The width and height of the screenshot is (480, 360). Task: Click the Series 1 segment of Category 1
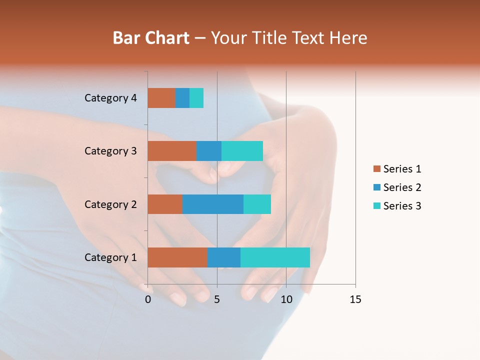pyautogui.click(x=177, y=257)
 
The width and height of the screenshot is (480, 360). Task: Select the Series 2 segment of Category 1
pyautogui.click(x=224, y=257)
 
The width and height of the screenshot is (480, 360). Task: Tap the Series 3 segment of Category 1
pyautogui.click(x=275, y=257)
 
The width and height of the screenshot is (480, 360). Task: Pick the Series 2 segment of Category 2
pyautogui.click(x=213, y=204)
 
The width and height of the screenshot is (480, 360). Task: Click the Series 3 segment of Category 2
pyautogui.click(x=257, y=204)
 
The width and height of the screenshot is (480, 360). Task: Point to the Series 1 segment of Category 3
pyautogui.click(x=172, y=151)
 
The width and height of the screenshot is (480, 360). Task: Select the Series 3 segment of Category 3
pyautogui.click(x=242, y=151)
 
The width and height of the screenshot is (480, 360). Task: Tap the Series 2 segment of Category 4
pyautogui.click(x=182, y=98)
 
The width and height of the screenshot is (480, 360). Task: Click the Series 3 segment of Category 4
pyautogui.click(x=196, y=98)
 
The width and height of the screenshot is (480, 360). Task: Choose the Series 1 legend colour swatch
pyautogui.click(x=376, y=169)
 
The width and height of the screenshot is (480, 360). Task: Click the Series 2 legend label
pyautogui.click(x=402, y=187)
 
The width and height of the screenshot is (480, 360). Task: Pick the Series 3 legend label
pyautogui.click(x=402, y=206)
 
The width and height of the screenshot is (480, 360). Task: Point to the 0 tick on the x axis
pyautogui.click(x=148, y=299)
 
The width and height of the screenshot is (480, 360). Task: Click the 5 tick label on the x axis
pyautogui.click(x=217, y=299)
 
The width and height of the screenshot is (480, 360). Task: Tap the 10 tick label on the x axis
pyautogui.click(x=286, y=299)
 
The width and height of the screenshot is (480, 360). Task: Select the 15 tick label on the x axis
pyautogui.click(x=355, y=299)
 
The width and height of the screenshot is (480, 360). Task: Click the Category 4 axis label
pyautogui.click(x=110, y=98)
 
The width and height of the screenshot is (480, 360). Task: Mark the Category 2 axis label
pyautogui.click(x=110, y=204)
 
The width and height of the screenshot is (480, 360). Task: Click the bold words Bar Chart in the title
pyautogui.click(x=151, y=38)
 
